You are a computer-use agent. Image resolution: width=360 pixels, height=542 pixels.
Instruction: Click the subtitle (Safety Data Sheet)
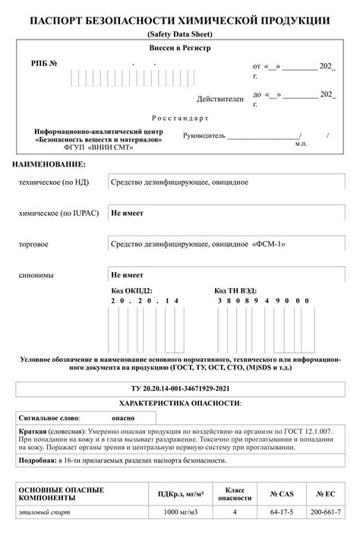click(180, 35)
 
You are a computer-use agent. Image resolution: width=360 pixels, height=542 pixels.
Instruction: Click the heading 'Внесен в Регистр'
click(179, 48)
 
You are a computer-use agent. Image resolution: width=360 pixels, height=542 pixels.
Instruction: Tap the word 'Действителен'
click(220, 99)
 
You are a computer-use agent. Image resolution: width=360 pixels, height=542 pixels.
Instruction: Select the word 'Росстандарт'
click(179, 119)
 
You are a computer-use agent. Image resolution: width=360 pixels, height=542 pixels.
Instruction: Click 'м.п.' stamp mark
click(302, 143)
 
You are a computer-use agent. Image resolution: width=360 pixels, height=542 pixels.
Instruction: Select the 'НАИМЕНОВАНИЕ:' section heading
click(49, 165)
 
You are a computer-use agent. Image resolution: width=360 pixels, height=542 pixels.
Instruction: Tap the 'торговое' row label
click(34, 244)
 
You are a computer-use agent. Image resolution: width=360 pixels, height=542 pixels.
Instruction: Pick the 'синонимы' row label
click(36, 274)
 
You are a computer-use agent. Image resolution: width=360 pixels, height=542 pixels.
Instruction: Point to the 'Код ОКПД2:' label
click(131, 290)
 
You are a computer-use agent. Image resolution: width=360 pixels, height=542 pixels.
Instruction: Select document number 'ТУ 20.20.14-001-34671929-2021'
click(179, 388)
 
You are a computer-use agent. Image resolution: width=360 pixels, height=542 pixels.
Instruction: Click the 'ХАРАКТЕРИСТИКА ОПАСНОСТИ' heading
click(180, 402)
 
